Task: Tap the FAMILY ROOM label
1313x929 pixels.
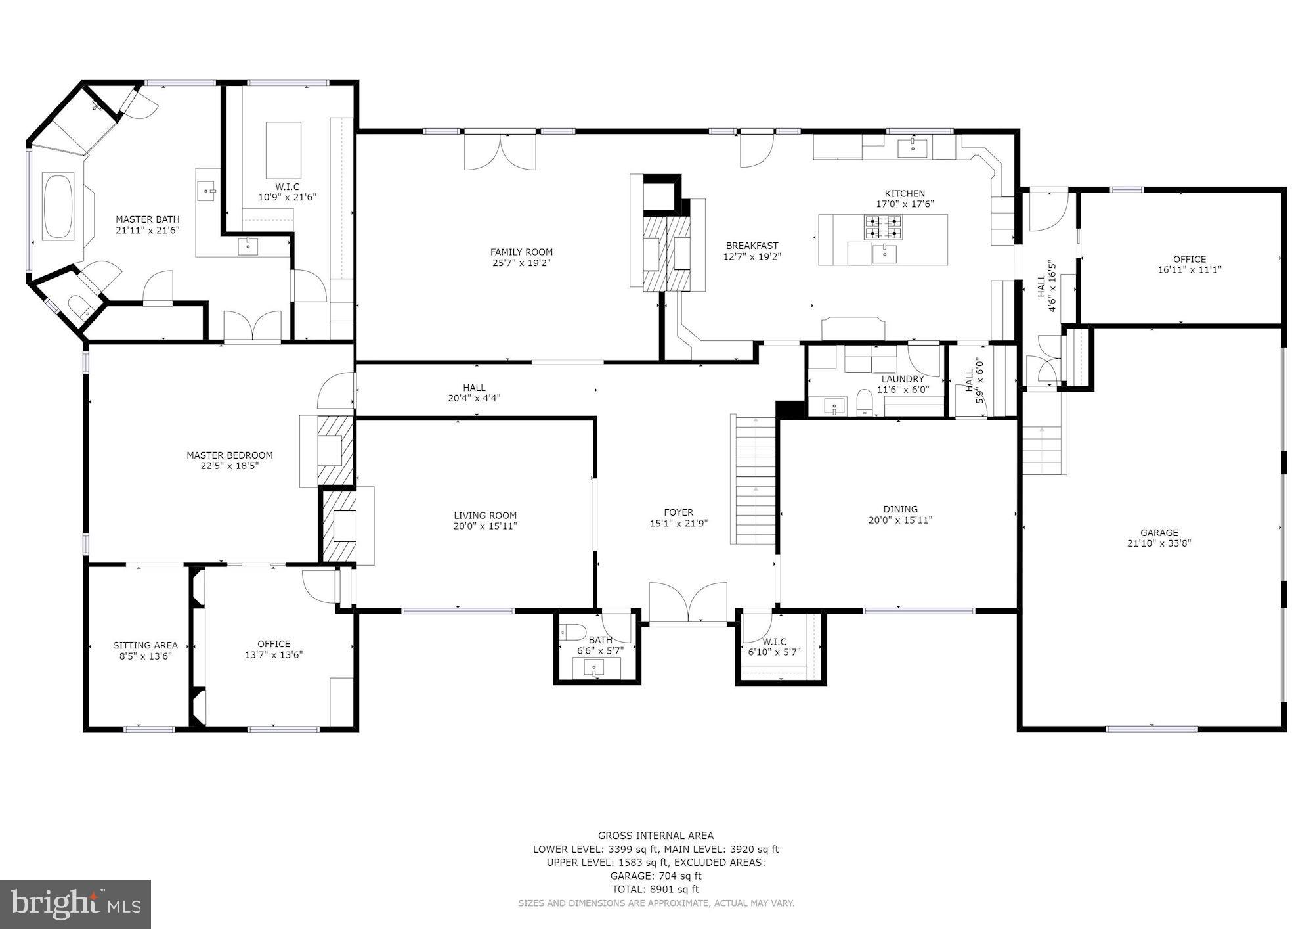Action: click(521, 252)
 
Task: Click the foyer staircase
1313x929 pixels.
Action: click(755, 480)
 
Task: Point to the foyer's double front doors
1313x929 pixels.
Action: click(688, 602)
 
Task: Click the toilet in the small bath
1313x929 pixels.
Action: click(572, 632)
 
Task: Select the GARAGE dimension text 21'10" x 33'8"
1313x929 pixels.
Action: click(1159, 543)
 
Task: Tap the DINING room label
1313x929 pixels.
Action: click(900, 509)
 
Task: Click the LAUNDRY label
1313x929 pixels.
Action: click(902, 379)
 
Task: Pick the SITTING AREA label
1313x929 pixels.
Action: click(145, 645)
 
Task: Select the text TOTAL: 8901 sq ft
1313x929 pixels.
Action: click(655, 889)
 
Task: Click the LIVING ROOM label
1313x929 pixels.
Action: click(485, 516)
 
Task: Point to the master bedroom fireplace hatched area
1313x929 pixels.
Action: click(335, 451)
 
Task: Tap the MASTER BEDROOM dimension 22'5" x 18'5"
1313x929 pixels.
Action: click(229, 466)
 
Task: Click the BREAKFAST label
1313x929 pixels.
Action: click(752, 246)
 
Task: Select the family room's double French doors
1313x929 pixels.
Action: click(500, 151)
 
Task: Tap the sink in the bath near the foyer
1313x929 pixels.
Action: click(595, 669)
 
